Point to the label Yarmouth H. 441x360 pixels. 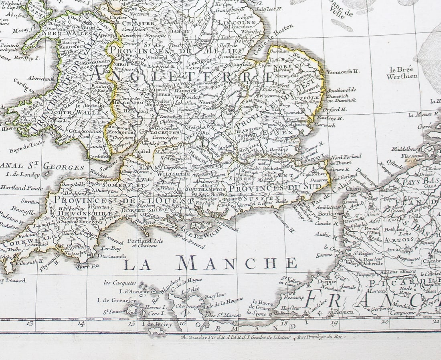coord(342,72)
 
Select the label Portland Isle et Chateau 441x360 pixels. coord(142,243)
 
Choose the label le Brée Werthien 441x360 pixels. coord(402,72)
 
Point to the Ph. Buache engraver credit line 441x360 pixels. coord(261,337)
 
